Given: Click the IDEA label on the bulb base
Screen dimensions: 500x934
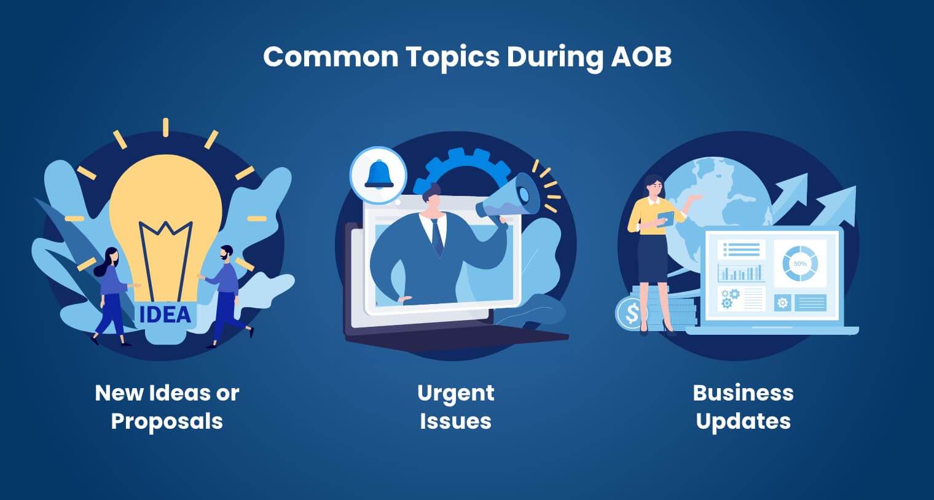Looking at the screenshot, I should coord(165,314).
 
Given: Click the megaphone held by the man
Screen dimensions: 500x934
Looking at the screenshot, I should coord(511,197).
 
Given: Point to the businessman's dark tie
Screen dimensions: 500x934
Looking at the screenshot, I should coord(437,236).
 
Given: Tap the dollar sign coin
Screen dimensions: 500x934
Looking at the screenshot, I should coord(632,313).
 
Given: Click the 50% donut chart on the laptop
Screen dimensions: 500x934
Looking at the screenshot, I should coord(799,264).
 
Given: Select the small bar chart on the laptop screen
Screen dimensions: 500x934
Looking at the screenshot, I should coord(741,271).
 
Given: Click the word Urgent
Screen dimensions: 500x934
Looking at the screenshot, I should coord(455,393).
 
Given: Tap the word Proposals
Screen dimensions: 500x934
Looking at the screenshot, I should coord(167,421).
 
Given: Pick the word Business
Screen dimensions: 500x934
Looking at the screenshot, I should coord(743,393).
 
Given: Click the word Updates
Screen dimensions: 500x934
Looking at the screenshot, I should coord(743,421).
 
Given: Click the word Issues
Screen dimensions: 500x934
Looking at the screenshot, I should coord(455,421).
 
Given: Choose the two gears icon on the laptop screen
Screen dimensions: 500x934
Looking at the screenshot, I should coord(729,298).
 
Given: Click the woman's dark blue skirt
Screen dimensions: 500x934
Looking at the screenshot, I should coord(652,258).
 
